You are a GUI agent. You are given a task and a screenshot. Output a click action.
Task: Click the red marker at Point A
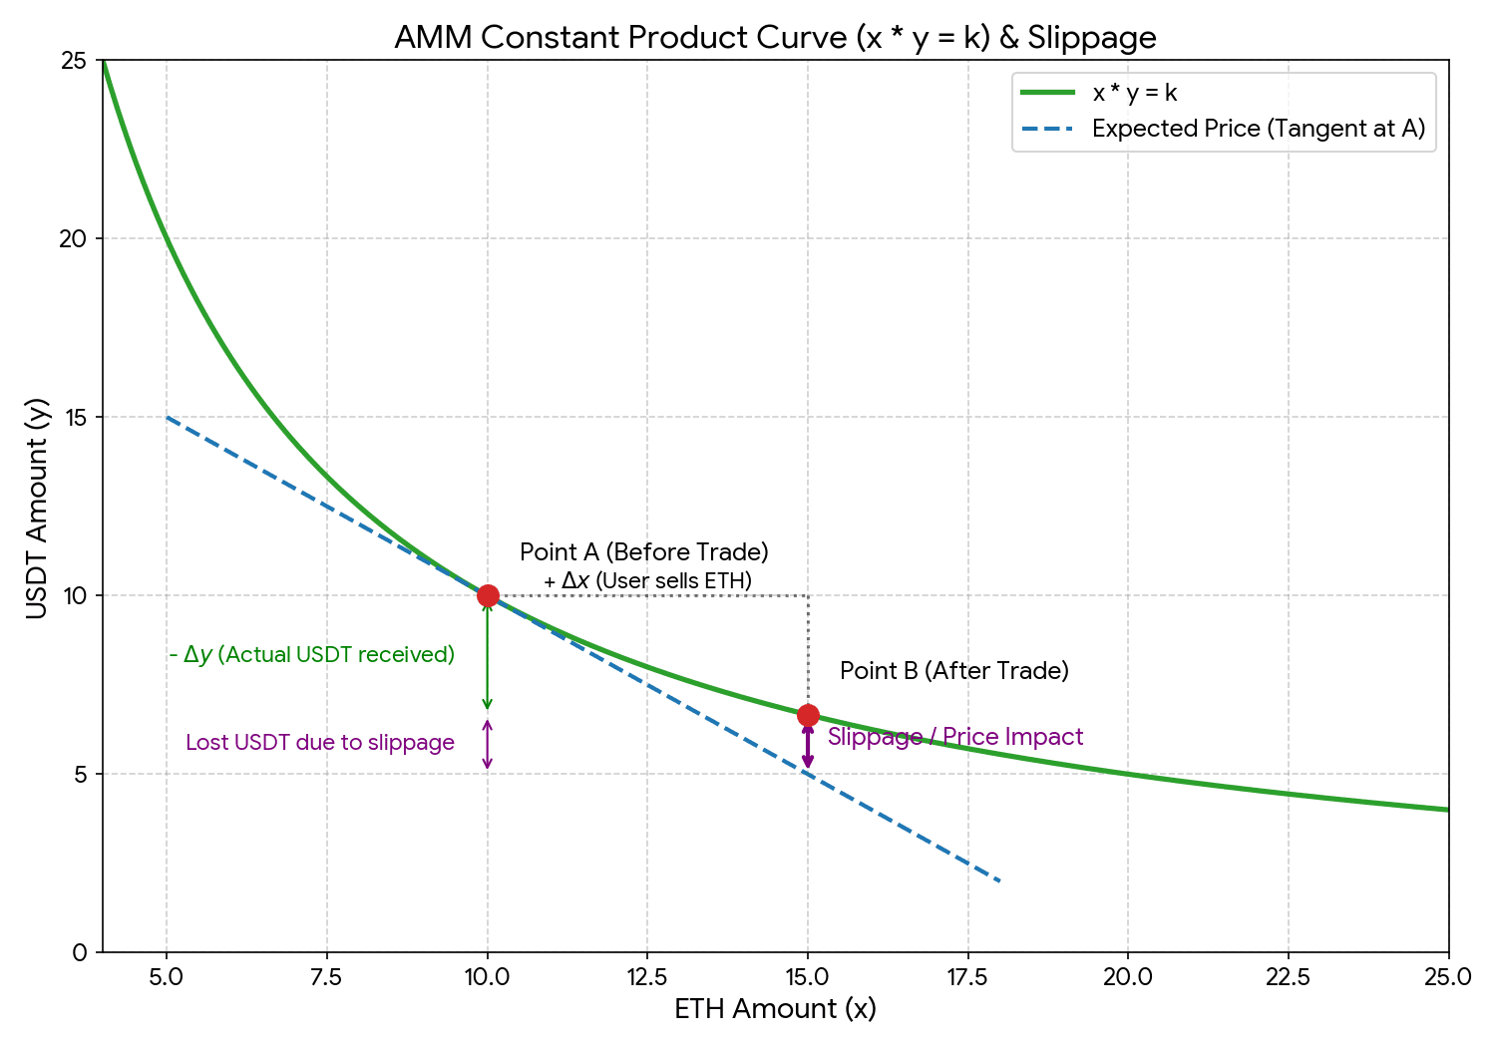(x=488, y=595)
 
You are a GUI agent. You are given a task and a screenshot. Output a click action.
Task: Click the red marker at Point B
(x=808, y=715)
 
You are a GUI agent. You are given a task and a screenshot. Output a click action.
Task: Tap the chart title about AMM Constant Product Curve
(x=775, y=38)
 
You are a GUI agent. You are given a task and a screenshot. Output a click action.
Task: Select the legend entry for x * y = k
(x=1134, y=93)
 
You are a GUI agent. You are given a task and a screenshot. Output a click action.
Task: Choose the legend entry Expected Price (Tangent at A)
(x=1258, y=129)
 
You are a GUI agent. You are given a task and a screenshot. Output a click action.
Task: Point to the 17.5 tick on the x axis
(x=967, y=977)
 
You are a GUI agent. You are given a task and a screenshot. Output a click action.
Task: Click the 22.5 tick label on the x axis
(x=1288, y=977)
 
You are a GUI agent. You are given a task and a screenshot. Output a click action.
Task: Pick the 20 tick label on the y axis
(x=75, y=238)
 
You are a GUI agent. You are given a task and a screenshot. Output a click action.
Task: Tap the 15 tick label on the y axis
(x=76, y=417)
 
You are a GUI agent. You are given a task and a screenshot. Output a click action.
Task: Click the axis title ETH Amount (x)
(x=775, y=1009)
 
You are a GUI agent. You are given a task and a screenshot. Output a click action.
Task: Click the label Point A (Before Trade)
(x=644, y=552)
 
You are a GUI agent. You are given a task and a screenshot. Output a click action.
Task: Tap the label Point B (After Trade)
(x=953, y=671)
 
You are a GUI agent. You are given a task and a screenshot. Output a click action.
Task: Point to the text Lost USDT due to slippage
(x=319, y=743)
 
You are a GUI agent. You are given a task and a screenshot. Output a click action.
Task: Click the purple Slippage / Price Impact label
(x=954, y=737)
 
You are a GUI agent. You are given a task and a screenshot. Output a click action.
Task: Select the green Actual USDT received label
(x=312, y=655)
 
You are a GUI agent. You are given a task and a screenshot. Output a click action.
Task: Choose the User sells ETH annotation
(x=647, y=581)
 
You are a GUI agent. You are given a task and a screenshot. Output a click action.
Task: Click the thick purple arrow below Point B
(x=808, y=746)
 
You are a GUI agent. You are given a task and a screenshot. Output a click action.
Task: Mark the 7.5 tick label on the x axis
(x=326, y=977)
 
